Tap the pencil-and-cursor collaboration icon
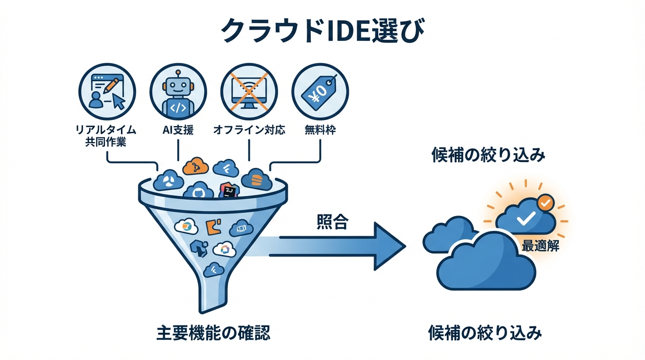pos(107,91)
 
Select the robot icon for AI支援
pos(178,91)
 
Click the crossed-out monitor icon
pos(249,91)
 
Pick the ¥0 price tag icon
pos(320,91)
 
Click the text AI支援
pos(178,130)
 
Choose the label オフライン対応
pos(249,130)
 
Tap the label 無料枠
pos(320,130)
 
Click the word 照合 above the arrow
pos(332,222)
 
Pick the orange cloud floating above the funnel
pos(195,166)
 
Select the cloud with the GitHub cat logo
pos(199,193)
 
